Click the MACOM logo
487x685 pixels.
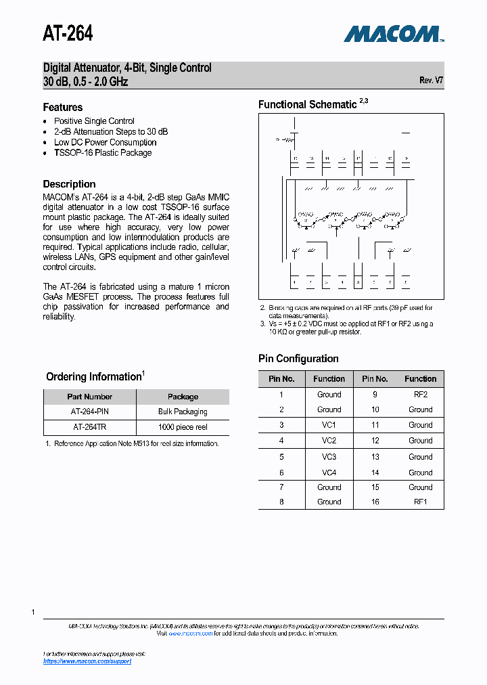(x=392, y=33)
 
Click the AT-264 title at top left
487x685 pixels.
(x=68, y=33)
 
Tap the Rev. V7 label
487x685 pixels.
(x=431, y=80)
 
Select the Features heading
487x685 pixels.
(x=63, y=107)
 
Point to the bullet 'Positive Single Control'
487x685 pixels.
(x=94, y=121)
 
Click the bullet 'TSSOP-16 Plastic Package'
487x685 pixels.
(x=103, y=153)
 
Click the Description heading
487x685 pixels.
(x=69, y=184)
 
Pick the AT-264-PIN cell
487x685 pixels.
(x=89, y=412)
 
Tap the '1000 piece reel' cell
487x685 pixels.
(x=183, y=427)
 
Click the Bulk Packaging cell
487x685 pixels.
(x=183, y=412)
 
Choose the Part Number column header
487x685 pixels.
(x=89, y=397)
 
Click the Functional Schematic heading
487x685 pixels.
(x=308, y=104)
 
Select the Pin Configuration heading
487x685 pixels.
(x=298, y=359)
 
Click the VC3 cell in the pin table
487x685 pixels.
(x=329, y=457)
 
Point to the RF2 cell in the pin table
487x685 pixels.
(x=420, y=394)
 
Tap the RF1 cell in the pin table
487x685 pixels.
(x=420, y=502)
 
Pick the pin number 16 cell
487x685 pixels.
(x=375, y=502)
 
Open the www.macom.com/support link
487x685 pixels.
(x=87, y=661)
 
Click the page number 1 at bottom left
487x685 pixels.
(x=32, y=612)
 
